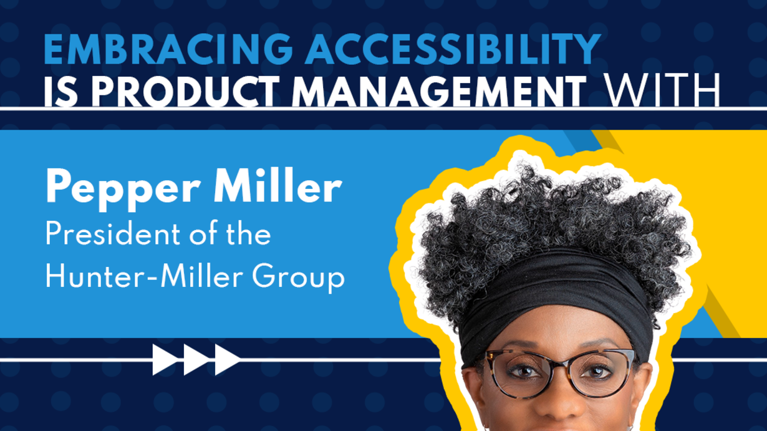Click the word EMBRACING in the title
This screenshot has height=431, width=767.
click(168, 49)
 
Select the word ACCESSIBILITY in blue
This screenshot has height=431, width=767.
click(453, 49)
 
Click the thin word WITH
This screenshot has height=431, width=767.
click(662, 91)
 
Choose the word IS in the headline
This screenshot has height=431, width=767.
click(61, 92)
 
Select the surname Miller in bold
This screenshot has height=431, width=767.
click(277, 186)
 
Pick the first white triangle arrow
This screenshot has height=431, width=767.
click(165, 360)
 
